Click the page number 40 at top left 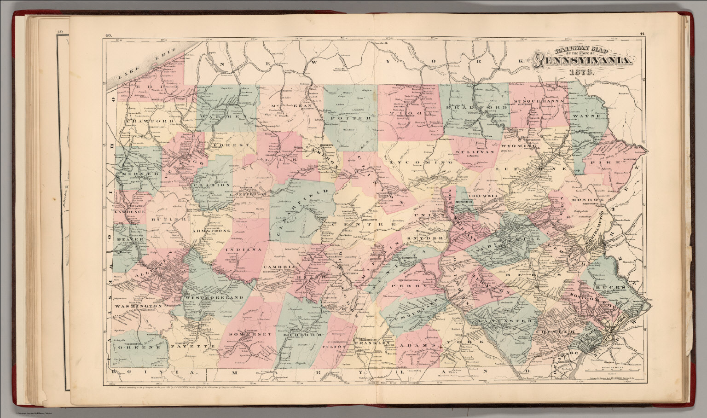(109, 34)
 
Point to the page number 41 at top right (642, 34)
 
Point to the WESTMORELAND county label (213, 298)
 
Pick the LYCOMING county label (419, 163)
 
